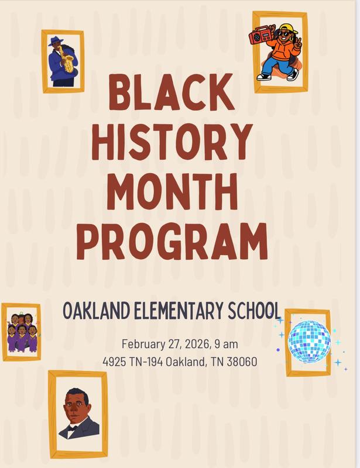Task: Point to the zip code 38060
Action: (238, 362)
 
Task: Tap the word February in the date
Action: (143, 343)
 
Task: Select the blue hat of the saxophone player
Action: (57, 40)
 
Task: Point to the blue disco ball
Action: (309, 341)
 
